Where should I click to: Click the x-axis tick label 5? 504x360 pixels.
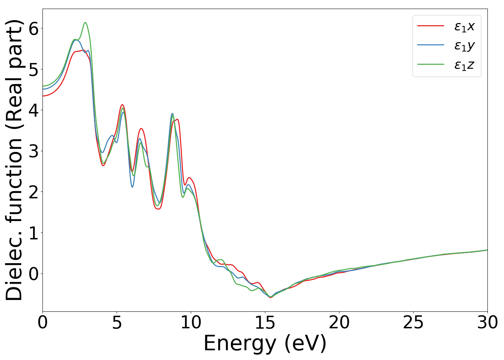(x=117, y=323)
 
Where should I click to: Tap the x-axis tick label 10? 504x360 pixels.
(x=191, y=323)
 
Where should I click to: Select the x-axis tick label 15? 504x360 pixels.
(x=265, y=323)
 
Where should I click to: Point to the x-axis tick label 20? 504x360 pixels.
(x=339, y=323)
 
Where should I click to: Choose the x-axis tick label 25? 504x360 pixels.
(x=413, y=323)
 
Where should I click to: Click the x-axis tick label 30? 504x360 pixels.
(x=487, y=323)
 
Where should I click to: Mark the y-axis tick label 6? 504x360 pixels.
(x=33, y=28)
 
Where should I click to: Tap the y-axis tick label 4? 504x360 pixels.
(x=33, y=110)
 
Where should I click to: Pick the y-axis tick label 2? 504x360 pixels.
(x=33, y=192)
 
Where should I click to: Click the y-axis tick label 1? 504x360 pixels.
(x=33, y=233)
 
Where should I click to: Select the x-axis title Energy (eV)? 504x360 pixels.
(x=265, y=343)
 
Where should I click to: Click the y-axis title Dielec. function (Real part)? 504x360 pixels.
(x=14, y=160)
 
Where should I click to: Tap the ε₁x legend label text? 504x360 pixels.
(x=464, y=26)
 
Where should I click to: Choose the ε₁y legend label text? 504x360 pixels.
(x=464, y=46)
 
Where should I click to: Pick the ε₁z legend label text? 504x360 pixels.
(x=464, y=65)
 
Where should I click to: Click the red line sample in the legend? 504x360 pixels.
(x=431, y=26)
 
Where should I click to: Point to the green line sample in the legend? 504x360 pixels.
(x=431, y=64)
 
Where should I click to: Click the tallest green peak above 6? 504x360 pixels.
(x=85, y=23)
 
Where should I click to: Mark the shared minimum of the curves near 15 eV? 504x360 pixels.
(x=270, y=297)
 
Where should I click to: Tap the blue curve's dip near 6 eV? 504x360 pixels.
(x=132, y=187)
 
